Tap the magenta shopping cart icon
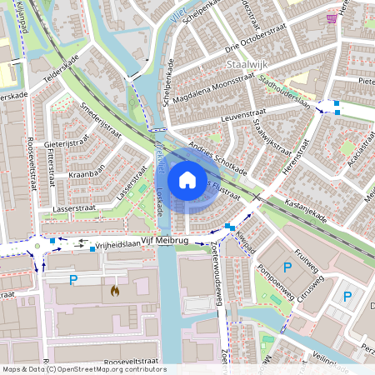pyautogui.click(x=332, y=17)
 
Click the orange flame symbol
pyautogui.click(x=115, y=291)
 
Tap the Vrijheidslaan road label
pyautogui.click(x=116, y=246)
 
